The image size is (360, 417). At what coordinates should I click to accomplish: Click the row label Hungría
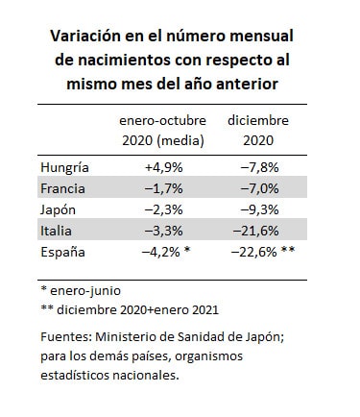[x=64, y=167]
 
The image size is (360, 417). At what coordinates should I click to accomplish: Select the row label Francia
[x=62, y=188]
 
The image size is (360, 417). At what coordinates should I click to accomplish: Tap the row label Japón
[x=58, y=210]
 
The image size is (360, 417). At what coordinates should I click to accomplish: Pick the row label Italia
[x=56, y=231]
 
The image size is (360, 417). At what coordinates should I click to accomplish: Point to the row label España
[x=62, y=252]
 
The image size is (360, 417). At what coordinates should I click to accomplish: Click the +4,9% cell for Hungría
[x=164, y=167]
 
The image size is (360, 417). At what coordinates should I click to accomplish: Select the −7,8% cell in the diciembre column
[x=259, y=167]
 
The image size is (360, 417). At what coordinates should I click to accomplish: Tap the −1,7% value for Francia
[x=164, y=188]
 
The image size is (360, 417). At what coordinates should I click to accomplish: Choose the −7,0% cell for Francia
[x=259, y=188]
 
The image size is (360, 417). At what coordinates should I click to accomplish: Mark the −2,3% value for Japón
[x=164, y=209]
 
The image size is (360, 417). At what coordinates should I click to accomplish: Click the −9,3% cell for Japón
[x=259, y=209]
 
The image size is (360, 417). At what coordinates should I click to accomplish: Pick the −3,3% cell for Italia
[x=164, y=231]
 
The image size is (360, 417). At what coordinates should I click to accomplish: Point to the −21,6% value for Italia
[x=256, y=231]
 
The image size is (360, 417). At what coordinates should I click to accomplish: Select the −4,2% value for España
[x=161, y=252]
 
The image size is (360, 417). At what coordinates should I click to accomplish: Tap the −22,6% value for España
[x=253, y=252]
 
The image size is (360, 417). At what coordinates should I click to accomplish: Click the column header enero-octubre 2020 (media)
[x=163, y=131]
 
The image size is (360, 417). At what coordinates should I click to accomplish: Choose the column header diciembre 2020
[x=258, y=131]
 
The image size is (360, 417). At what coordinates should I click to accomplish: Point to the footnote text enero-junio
[x=85, y=291]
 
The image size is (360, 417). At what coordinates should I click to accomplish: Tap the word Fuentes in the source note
[x=66, y=337]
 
